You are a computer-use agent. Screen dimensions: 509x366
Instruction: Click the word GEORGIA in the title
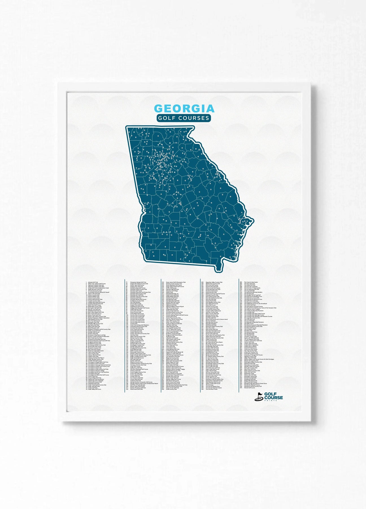point(184,109)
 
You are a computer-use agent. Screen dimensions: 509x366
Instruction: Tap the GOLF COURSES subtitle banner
point(184,118)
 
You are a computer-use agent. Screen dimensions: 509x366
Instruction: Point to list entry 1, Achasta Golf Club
point(93,282)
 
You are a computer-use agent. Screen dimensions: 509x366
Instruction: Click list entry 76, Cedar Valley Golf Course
point(94,389)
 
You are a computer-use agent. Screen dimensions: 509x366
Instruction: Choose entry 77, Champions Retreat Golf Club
point(138,282)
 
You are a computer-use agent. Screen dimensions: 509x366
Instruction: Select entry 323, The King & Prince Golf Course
point(260,308)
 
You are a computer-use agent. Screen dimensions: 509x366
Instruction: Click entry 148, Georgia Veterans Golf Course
point(144,383)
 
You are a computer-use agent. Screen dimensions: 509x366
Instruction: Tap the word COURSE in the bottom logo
point(273,397)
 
